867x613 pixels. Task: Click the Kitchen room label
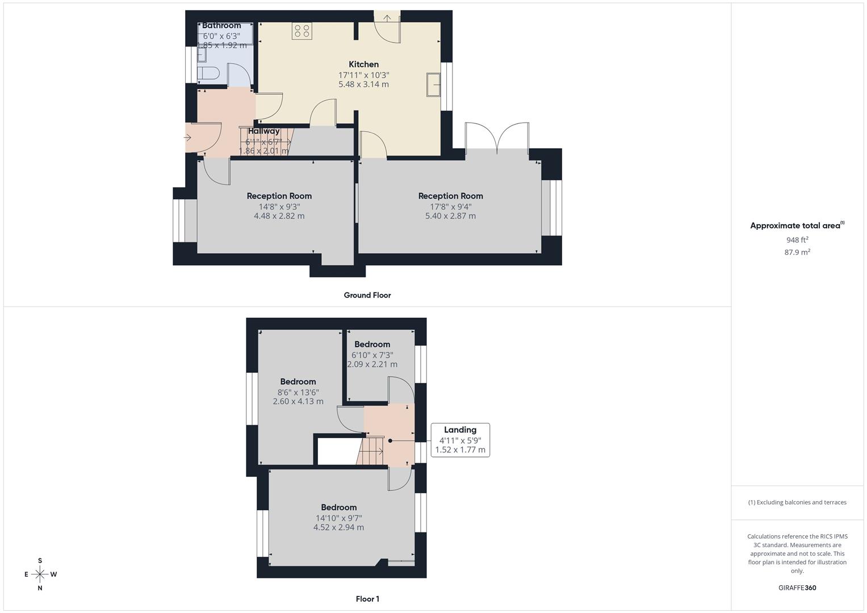(363, 65)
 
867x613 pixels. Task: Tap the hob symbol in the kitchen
(302, 31)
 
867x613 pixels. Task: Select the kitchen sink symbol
(434, 85)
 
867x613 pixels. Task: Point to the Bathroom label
(221, 26)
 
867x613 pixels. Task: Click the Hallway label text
(263, 131)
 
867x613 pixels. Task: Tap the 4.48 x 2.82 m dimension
(279, 216)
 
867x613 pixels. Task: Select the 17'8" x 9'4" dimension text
(450, 207)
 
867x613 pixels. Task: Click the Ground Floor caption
(367, 295)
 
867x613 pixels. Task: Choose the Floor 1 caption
(367, 599)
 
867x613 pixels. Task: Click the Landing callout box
(460, 440)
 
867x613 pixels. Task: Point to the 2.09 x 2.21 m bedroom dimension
(372, 364)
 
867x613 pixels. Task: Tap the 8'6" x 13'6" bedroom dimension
(298, 392)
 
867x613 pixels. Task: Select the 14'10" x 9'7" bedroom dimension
(339, 518)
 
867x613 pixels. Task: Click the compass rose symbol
(40, 574)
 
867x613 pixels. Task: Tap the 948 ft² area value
(797, 240)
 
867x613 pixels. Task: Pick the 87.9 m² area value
(797, 253)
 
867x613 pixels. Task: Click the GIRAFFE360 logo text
(797, 588)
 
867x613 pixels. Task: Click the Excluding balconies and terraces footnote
(797, 502)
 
